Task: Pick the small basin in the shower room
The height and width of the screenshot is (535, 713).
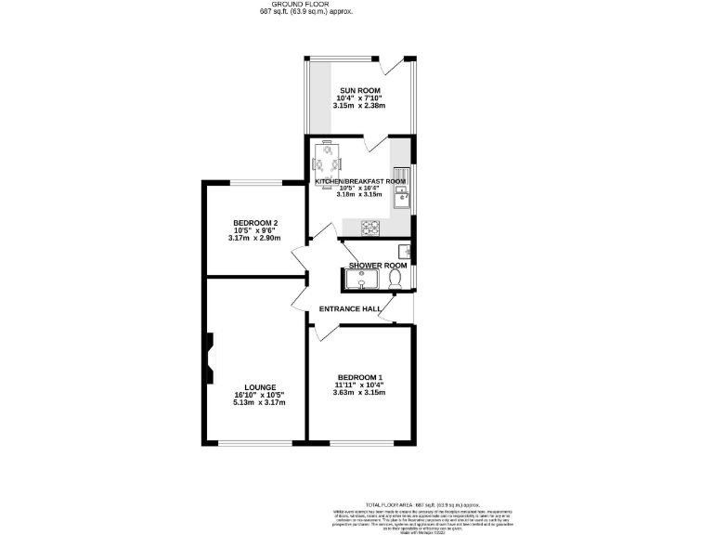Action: click(406, 250)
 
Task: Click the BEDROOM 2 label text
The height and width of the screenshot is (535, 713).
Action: click(255, 223)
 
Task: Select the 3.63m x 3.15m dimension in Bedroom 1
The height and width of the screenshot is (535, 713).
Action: click(359, 393)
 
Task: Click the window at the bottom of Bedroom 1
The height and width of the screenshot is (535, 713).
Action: click(360, 443)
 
